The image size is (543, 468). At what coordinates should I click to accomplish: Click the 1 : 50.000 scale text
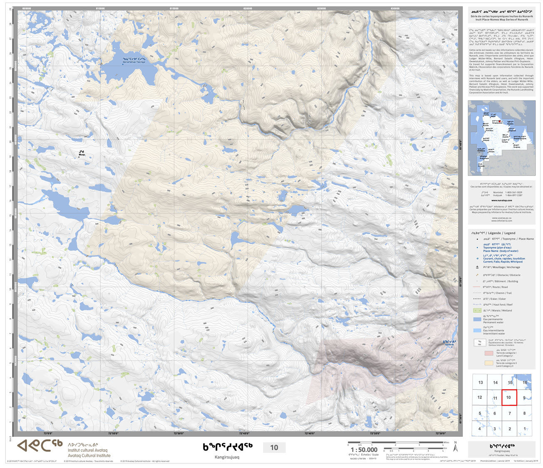(x=364, y=450)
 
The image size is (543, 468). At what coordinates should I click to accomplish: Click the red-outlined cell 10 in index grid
(x=509, y=397)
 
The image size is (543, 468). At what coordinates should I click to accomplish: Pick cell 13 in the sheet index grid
(x=480, y=382)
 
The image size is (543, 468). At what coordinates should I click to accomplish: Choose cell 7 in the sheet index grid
(x=509, y=413)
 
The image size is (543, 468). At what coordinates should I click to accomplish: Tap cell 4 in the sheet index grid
(x=480, y=428)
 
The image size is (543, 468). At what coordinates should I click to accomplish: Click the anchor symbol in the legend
(x=477, y=267)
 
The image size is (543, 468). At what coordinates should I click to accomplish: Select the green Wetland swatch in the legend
(x=477, y=310)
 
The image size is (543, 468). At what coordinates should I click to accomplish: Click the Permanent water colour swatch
(x=477, y=319)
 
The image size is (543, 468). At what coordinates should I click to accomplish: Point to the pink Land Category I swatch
(x=488, y=353)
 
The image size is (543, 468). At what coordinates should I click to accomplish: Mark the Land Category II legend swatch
(x=488, y=363)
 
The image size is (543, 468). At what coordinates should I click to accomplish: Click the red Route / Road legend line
(x=477, y=287)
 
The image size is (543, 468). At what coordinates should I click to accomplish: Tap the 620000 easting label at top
(x=248, y=8)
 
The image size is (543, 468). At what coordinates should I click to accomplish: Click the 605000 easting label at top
(x=26, y=8)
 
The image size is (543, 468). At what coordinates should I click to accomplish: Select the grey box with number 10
(x=274, y=448)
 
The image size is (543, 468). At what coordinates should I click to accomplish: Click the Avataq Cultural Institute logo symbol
(x=40, y=446)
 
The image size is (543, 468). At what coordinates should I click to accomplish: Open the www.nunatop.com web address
(x=501, y=200)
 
